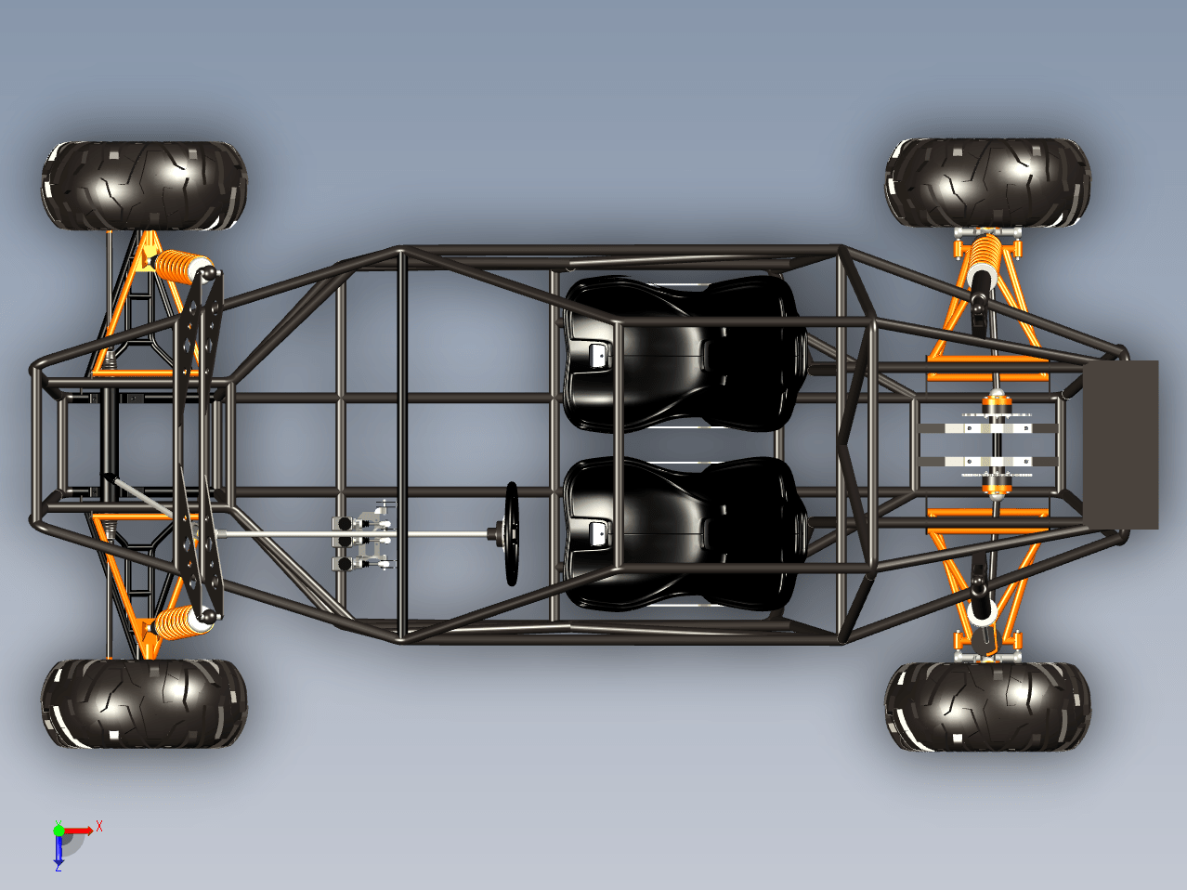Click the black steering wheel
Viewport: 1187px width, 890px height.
[x=512, y=533]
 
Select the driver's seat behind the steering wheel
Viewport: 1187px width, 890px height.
[x=685, y=533]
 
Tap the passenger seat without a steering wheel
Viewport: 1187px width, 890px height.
[x=685, y=354]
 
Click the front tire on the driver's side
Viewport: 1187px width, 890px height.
[x=144, y=703]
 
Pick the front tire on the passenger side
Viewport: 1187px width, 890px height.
[x=144, y=186]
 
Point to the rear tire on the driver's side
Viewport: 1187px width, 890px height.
[x=987, y=706]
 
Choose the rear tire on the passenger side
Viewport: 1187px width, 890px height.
[x=987, y=182]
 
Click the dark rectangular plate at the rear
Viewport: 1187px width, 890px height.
[x=1120, y=444]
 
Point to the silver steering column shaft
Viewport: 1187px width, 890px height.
[x=354, y=534]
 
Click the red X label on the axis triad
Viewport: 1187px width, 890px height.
[x=99, y=826]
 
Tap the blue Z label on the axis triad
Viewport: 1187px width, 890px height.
[x=58, y=867]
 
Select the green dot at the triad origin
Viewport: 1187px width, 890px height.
[x=59, y=831]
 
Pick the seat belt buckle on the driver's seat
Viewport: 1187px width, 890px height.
[x=597, y=533]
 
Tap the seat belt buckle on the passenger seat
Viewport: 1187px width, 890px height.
[x=597, y=356]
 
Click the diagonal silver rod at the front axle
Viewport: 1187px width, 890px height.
[x=137, y=494]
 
